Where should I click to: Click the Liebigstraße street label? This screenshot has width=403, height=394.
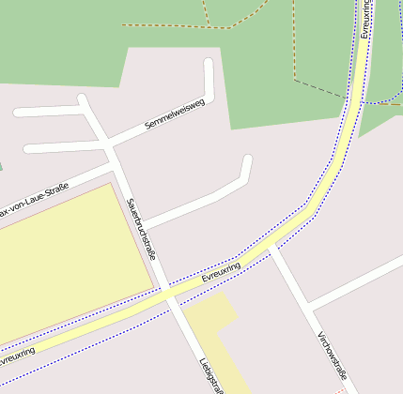(211, 375)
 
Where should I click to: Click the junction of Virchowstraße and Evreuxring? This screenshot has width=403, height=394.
(271, 244)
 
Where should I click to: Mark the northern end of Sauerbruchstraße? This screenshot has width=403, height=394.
(83, 98)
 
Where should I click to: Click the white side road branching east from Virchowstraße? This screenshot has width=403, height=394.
(357, 282)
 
